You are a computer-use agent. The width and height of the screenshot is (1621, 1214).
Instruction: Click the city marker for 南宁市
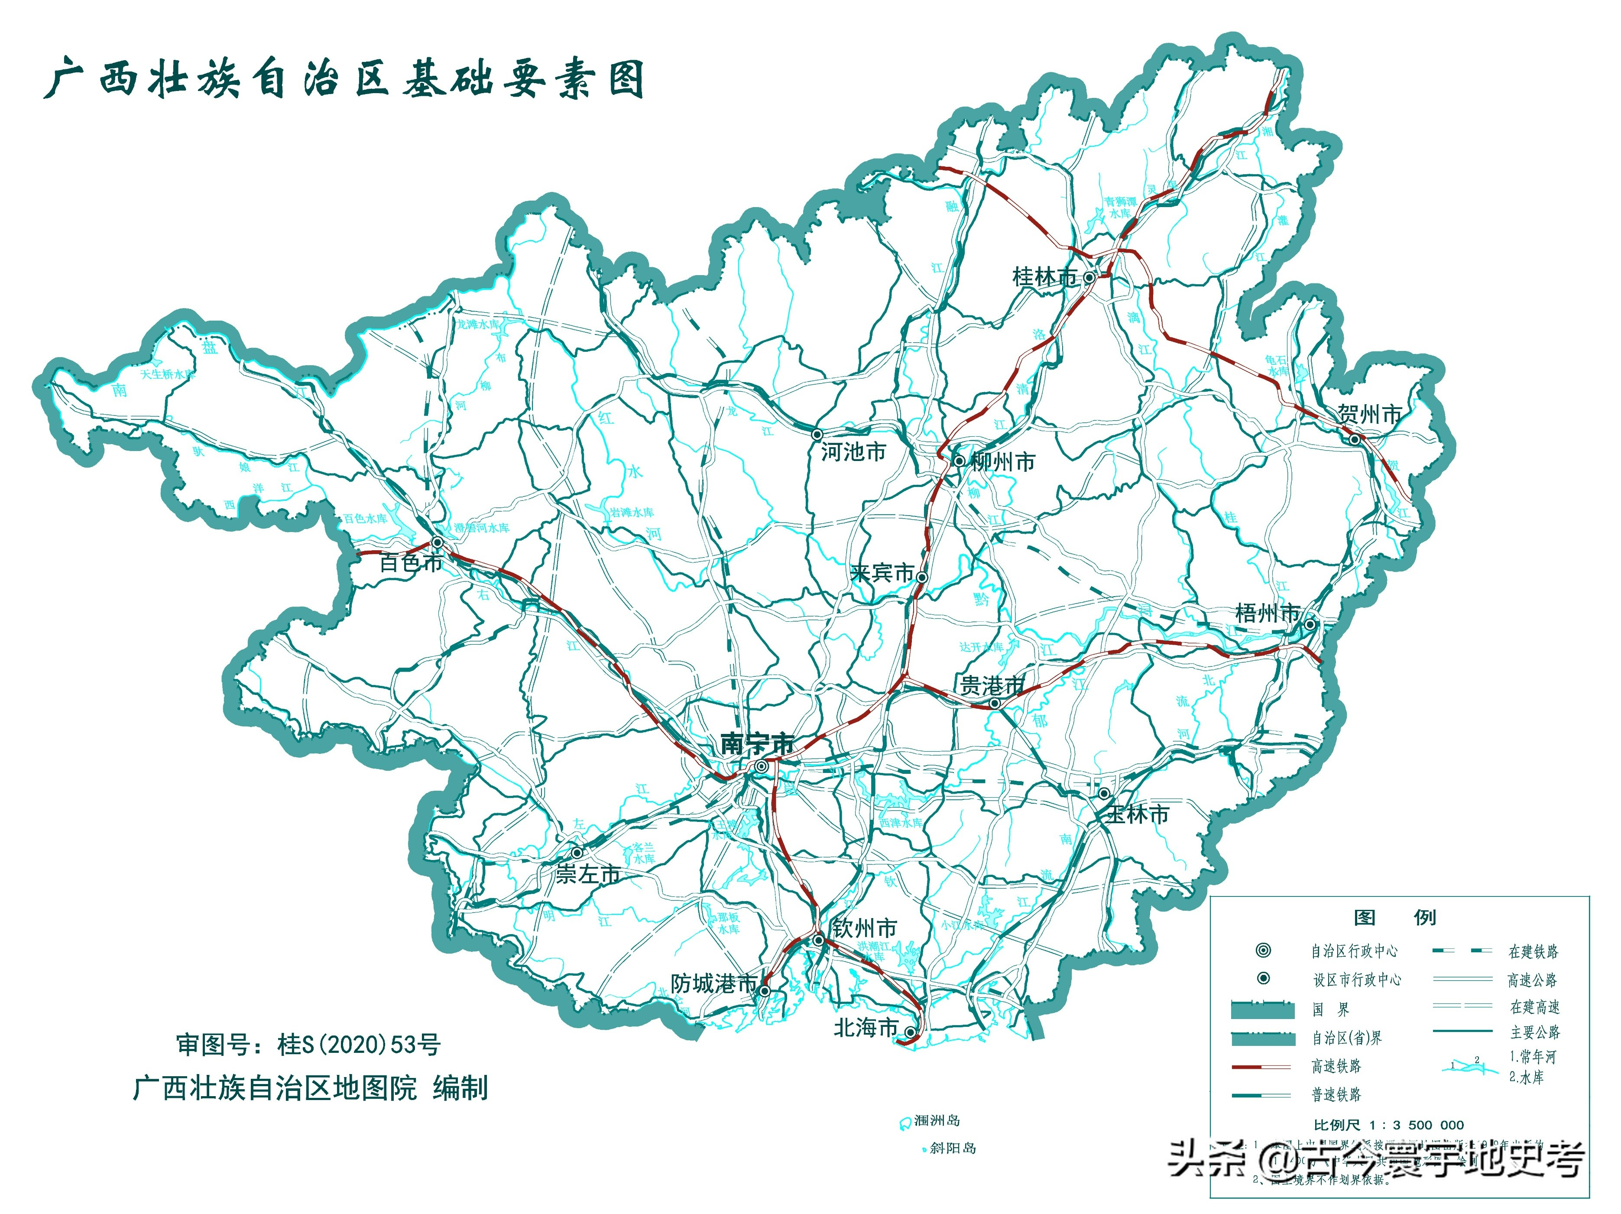[x=762, y=766]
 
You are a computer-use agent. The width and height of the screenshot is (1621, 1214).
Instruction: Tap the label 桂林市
[x=1044, y=277]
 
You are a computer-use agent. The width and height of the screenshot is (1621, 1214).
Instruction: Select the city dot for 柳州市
[x=959, y=461]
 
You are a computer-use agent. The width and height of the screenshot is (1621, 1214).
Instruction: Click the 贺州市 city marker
[x=1355, y=439]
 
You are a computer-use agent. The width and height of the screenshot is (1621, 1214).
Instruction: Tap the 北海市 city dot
[x=909, y=1032]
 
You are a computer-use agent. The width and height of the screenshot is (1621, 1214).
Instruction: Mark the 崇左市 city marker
[x=577, y=853]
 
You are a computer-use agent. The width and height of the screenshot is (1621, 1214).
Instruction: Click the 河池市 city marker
[x=817, y=435]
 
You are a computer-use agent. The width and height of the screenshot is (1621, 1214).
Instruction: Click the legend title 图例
[x=1394, y=917]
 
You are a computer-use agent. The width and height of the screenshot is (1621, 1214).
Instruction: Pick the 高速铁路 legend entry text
[x=1336, y=1066]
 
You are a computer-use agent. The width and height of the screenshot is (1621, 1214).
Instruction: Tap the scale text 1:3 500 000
[x=1409, y=1125]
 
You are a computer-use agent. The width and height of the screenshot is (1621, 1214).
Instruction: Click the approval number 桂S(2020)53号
[x=359, y=1045]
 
